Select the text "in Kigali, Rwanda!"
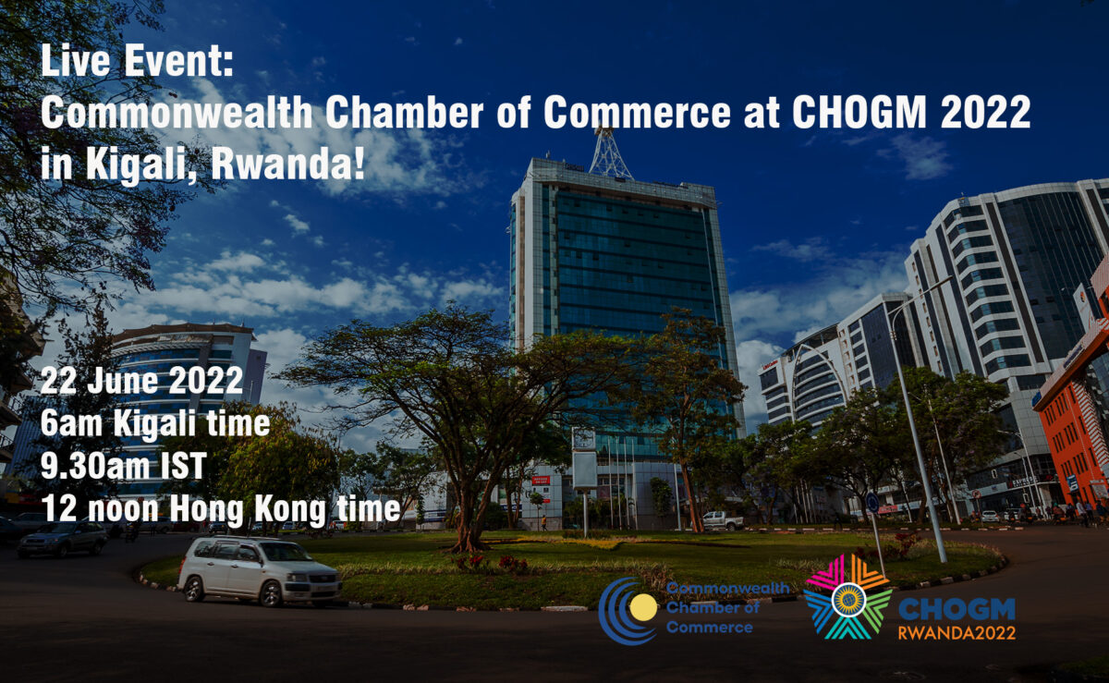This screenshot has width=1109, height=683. pyautogui.click(x=202, y=164)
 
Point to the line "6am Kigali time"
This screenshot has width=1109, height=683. pyautogui.click(x=155, y=425)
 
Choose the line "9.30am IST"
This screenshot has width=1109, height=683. pyautogui.click(x=123, y=467)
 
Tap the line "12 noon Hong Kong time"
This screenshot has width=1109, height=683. pyautogui.click(x=220, y=508)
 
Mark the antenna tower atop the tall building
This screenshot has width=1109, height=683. pyautogui.click(x=611, y=152)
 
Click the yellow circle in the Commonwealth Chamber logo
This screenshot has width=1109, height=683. pyautogui.click(x=643, y=607)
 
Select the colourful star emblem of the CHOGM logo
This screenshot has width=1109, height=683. pyautogui.click(x=847, y=598)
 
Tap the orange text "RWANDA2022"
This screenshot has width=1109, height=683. pyautogui.click(x=957, y=633)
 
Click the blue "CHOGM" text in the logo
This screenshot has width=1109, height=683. pyautogui.click(x=957, y=609)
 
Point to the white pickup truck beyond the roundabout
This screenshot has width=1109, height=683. pyautogui.click(x=722, y=520)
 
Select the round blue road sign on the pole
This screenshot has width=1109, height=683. pyautogui.click(x=872, y=503)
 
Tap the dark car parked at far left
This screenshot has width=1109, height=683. pyautogui.click(x=63, y=539)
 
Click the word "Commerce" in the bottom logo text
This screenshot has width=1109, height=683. pyautogui.click(x=709, y=628)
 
